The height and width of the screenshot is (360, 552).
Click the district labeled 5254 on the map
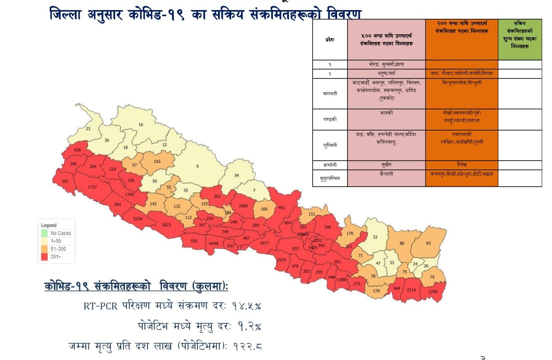(x=138, y=219)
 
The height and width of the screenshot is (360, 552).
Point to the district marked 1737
(x=92, y=187)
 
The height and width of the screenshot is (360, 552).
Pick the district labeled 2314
(x=411, y=290)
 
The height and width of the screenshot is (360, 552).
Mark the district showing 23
(x=88, y=129)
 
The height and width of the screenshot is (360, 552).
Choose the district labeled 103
(x=157, y=162)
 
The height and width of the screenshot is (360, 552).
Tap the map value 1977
(x=264, y=244)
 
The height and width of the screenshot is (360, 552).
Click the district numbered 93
(x=428, y=243)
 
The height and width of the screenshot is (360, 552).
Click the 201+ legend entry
(x=56, y=257)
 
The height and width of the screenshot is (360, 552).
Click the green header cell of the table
(x=520, y=39)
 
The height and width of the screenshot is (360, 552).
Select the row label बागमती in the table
(x=330, y=93)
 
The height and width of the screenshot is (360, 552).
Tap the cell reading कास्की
(x=387, y=113)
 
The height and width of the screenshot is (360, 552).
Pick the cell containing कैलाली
(x=387, y=174)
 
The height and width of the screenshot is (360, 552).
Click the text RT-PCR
(x=100, y=306)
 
